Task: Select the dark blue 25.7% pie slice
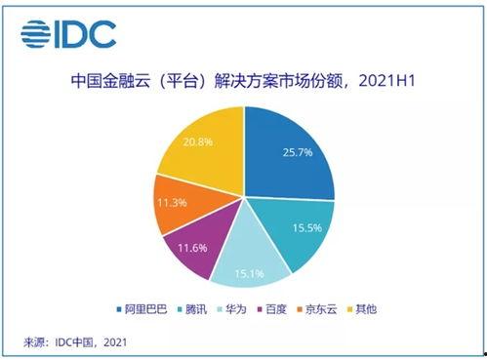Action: [x=288, y=156]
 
